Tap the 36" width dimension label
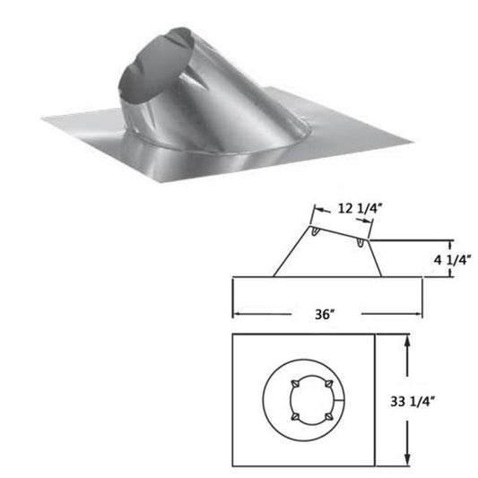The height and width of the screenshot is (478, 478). click(x=326, y=314)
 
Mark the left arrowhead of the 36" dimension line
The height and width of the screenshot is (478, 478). click(x=237, y=314)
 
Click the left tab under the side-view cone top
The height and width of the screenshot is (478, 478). click(x=321, y=234)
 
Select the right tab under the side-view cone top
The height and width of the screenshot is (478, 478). click(x=361, y=243)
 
